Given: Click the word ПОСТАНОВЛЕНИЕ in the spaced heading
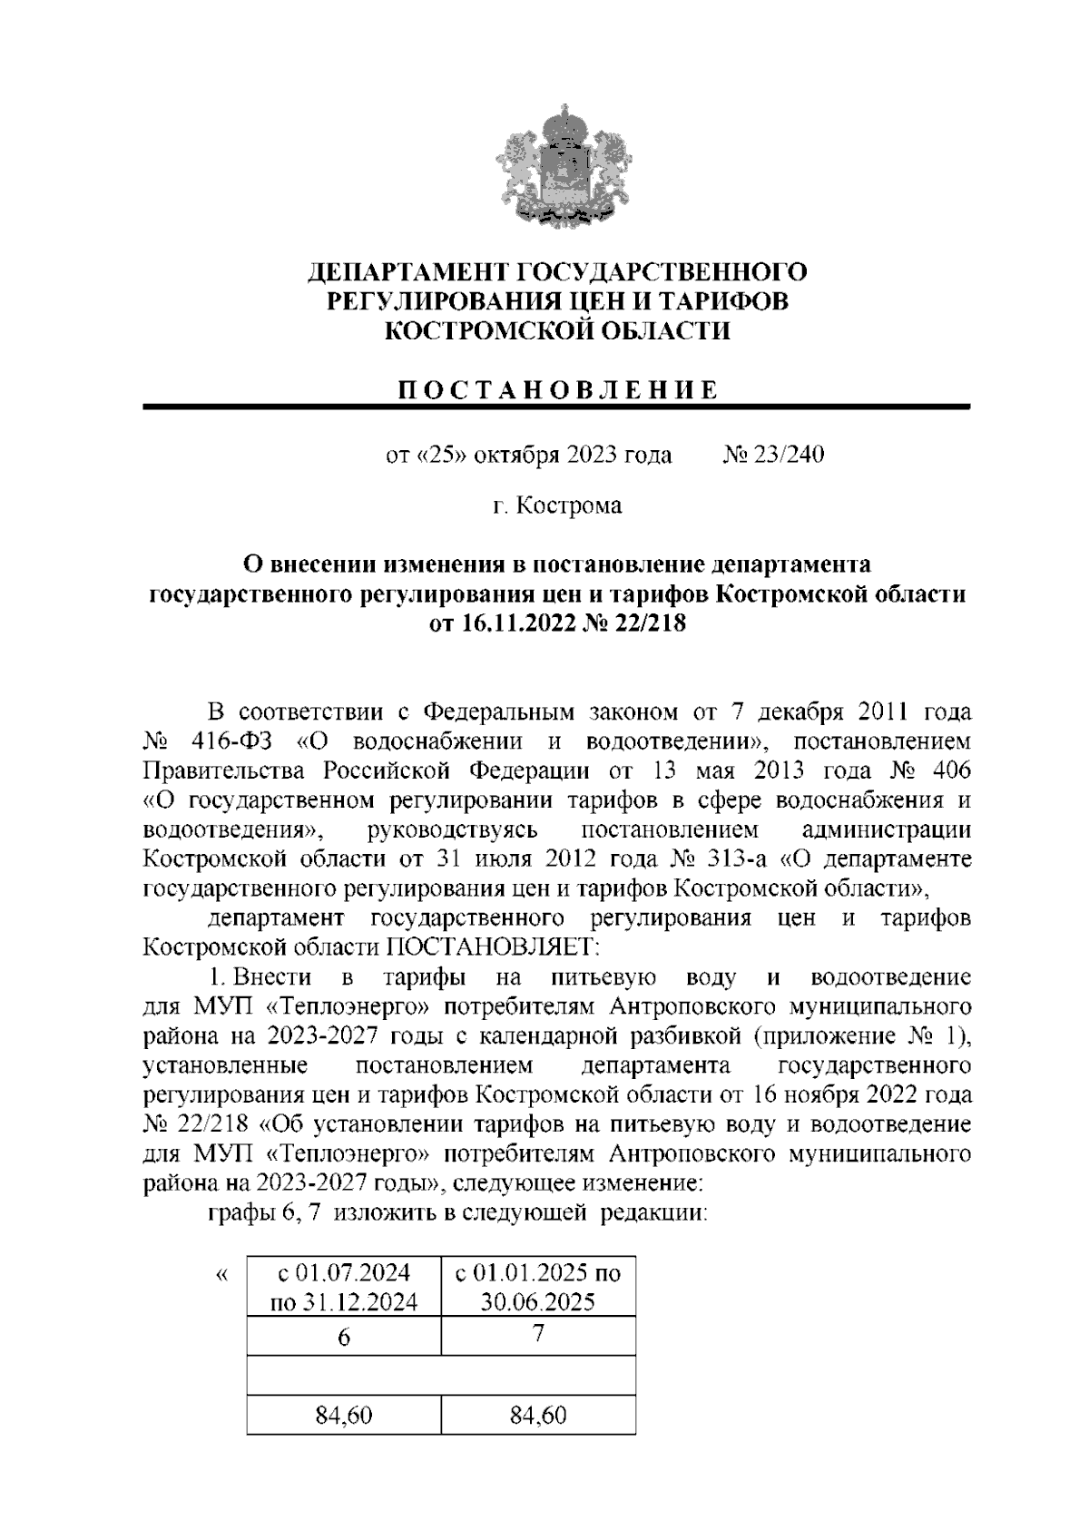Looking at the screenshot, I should pos(557,389).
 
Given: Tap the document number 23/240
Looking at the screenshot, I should pos(789,456).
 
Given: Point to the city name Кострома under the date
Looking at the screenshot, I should pos(569,505).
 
